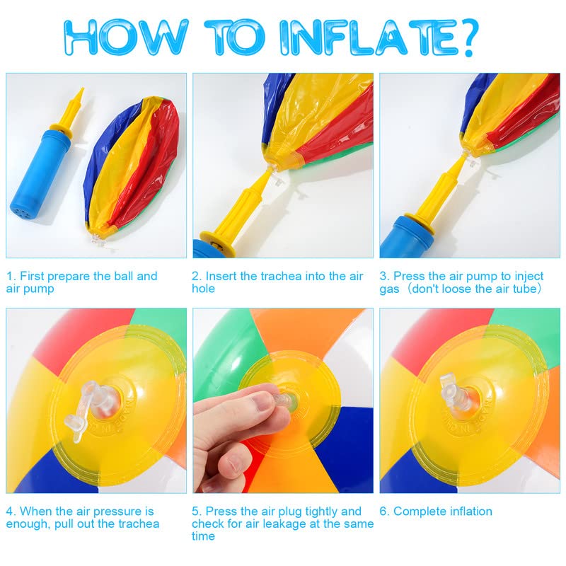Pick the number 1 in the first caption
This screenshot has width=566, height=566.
point(9,276)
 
